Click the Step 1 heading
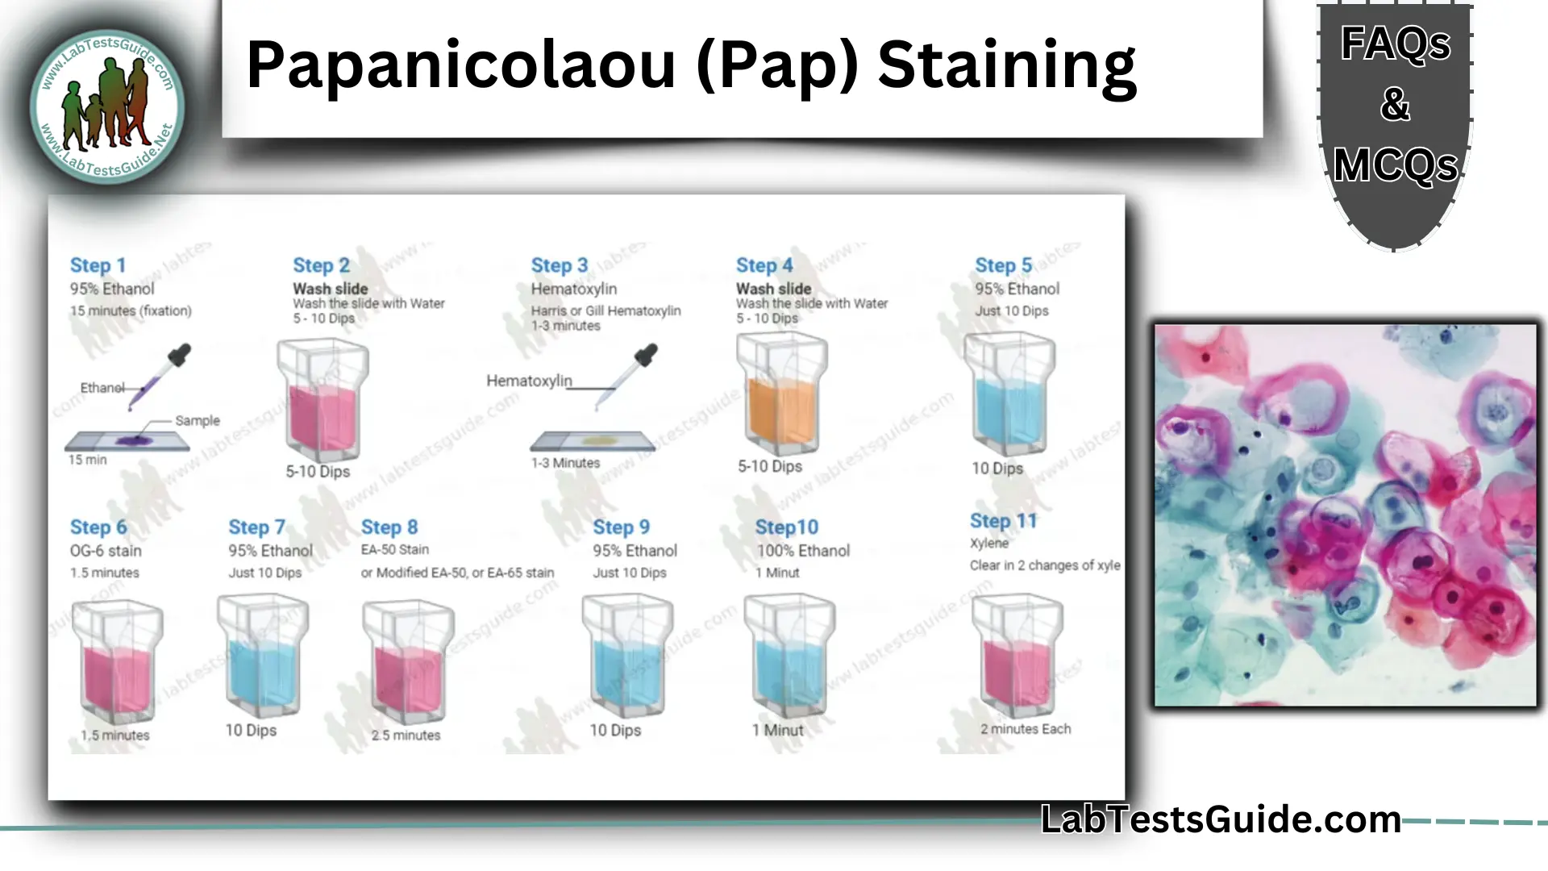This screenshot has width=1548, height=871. point(98,265)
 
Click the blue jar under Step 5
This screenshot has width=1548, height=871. point(1009,394)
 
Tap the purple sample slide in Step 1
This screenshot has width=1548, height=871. point(128,440)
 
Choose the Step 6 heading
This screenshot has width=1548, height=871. point(98,527)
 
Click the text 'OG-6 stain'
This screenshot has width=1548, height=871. point(106,551)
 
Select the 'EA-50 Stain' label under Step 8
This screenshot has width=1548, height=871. point(394,550)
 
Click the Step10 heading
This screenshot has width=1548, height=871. point(786,527)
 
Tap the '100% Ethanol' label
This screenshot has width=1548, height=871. point(803,551)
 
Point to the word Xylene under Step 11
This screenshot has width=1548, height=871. point(988,543)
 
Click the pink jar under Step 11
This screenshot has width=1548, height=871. point(1017,656)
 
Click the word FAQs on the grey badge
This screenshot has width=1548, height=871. point(1395,44)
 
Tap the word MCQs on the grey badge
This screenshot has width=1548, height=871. point(1395,166)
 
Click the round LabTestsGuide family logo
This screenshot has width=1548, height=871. point(107,106)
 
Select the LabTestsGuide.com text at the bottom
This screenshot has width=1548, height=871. point(1221,819)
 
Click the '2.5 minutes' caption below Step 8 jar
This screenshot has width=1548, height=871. point(406,736)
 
